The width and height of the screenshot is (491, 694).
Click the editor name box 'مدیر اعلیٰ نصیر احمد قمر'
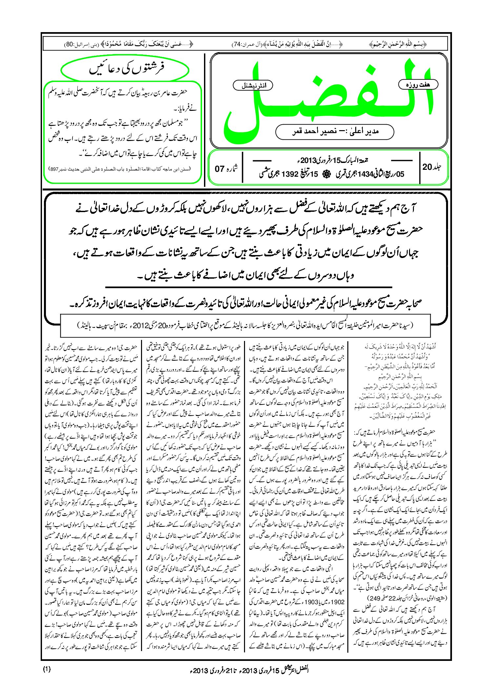pyautogui.click(x=335, y=131)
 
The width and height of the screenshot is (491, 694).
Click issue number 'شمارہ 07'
pyautogui.click(x=226, y=169)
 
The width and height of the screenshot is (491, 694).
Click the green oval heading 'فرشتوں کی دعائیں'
pyautogui.click(x=126, y=69)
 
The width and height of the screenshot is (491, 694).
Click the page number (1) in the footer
pyautogui.click(x=47, y=669)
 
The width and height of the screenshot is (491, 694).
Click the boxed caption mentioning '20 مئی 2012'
pyautogui.click(x=245, y=325)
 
